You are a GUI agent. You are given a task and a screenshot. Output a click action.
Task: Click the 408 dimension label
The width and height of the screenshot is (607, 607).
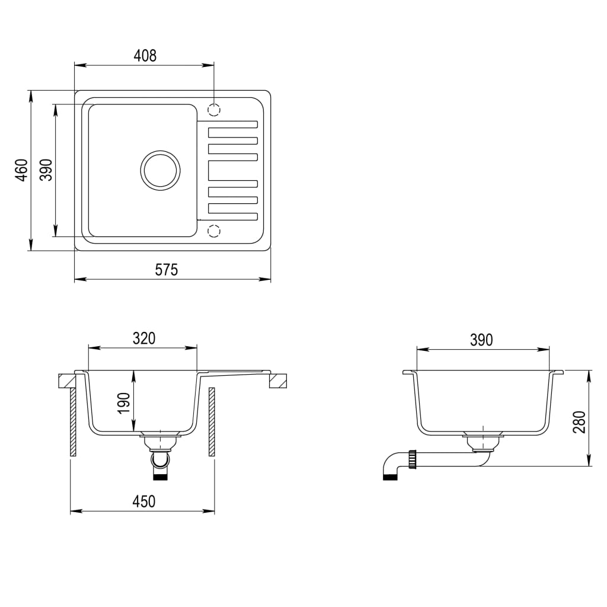coord(145,56)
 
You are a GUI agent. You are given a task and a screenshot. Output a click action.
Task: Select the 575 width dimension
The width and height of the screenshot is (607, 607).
coord(167,270)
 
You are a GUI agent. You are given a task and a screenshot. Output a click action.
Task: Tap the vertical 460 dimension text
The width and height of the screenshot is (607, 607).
coord(22,170)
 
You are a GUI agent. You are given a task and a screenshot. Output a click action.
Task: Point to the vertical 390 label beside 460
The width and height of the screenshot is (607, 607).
coord(47,170)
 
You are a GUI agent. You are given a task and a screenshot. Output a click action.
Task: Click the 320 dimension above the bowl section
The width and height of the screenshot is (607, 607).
coord(143,338)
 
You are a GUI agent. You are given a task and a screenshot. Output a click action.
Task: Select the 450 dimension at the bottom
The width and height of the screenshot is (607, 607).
coord(143,501)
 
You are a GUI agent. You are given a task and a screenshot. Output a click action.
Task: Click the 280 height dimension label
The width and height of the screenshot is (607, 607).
coord(580,422)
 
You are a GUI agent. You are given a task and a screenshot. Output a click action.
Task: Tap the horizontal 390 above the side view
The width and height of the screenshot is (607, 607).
coord(481,340)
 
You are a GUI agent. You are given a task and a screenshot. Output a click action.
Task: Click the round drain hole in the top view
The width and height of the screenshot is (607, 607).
coord(159,170)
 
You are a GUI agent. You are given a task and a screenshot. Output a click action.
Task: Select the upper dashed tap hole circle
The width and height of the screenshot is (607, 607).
coord(214,110)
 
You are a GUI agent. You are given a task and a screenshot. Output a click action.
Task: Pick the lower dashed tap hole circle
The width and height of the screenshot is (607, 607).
coord(214,230)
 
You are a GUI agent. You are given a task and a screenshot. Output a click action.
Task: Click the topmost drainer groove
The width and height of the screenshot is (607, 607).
coord(232,124)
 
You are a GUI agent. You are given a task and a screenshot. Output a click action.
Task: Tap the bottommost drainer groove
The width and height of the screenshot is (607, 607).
coord(232,208)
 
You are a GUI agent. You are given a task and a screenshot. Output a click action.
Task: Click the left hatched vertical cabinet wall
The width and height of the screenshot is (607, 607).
coord(73,422)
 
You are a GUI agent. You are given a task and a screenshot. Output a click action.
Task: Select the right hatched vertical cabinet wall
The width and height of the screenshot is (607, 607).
coord(212,422)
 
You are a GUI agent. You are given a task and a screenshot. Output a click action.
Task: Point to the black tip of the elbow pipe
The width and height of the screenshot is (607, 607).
coord(390,477)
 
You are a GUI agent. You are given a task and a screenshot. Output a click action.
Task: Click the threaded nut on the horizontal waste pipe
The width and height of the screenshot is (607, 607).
coord(413,458)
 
